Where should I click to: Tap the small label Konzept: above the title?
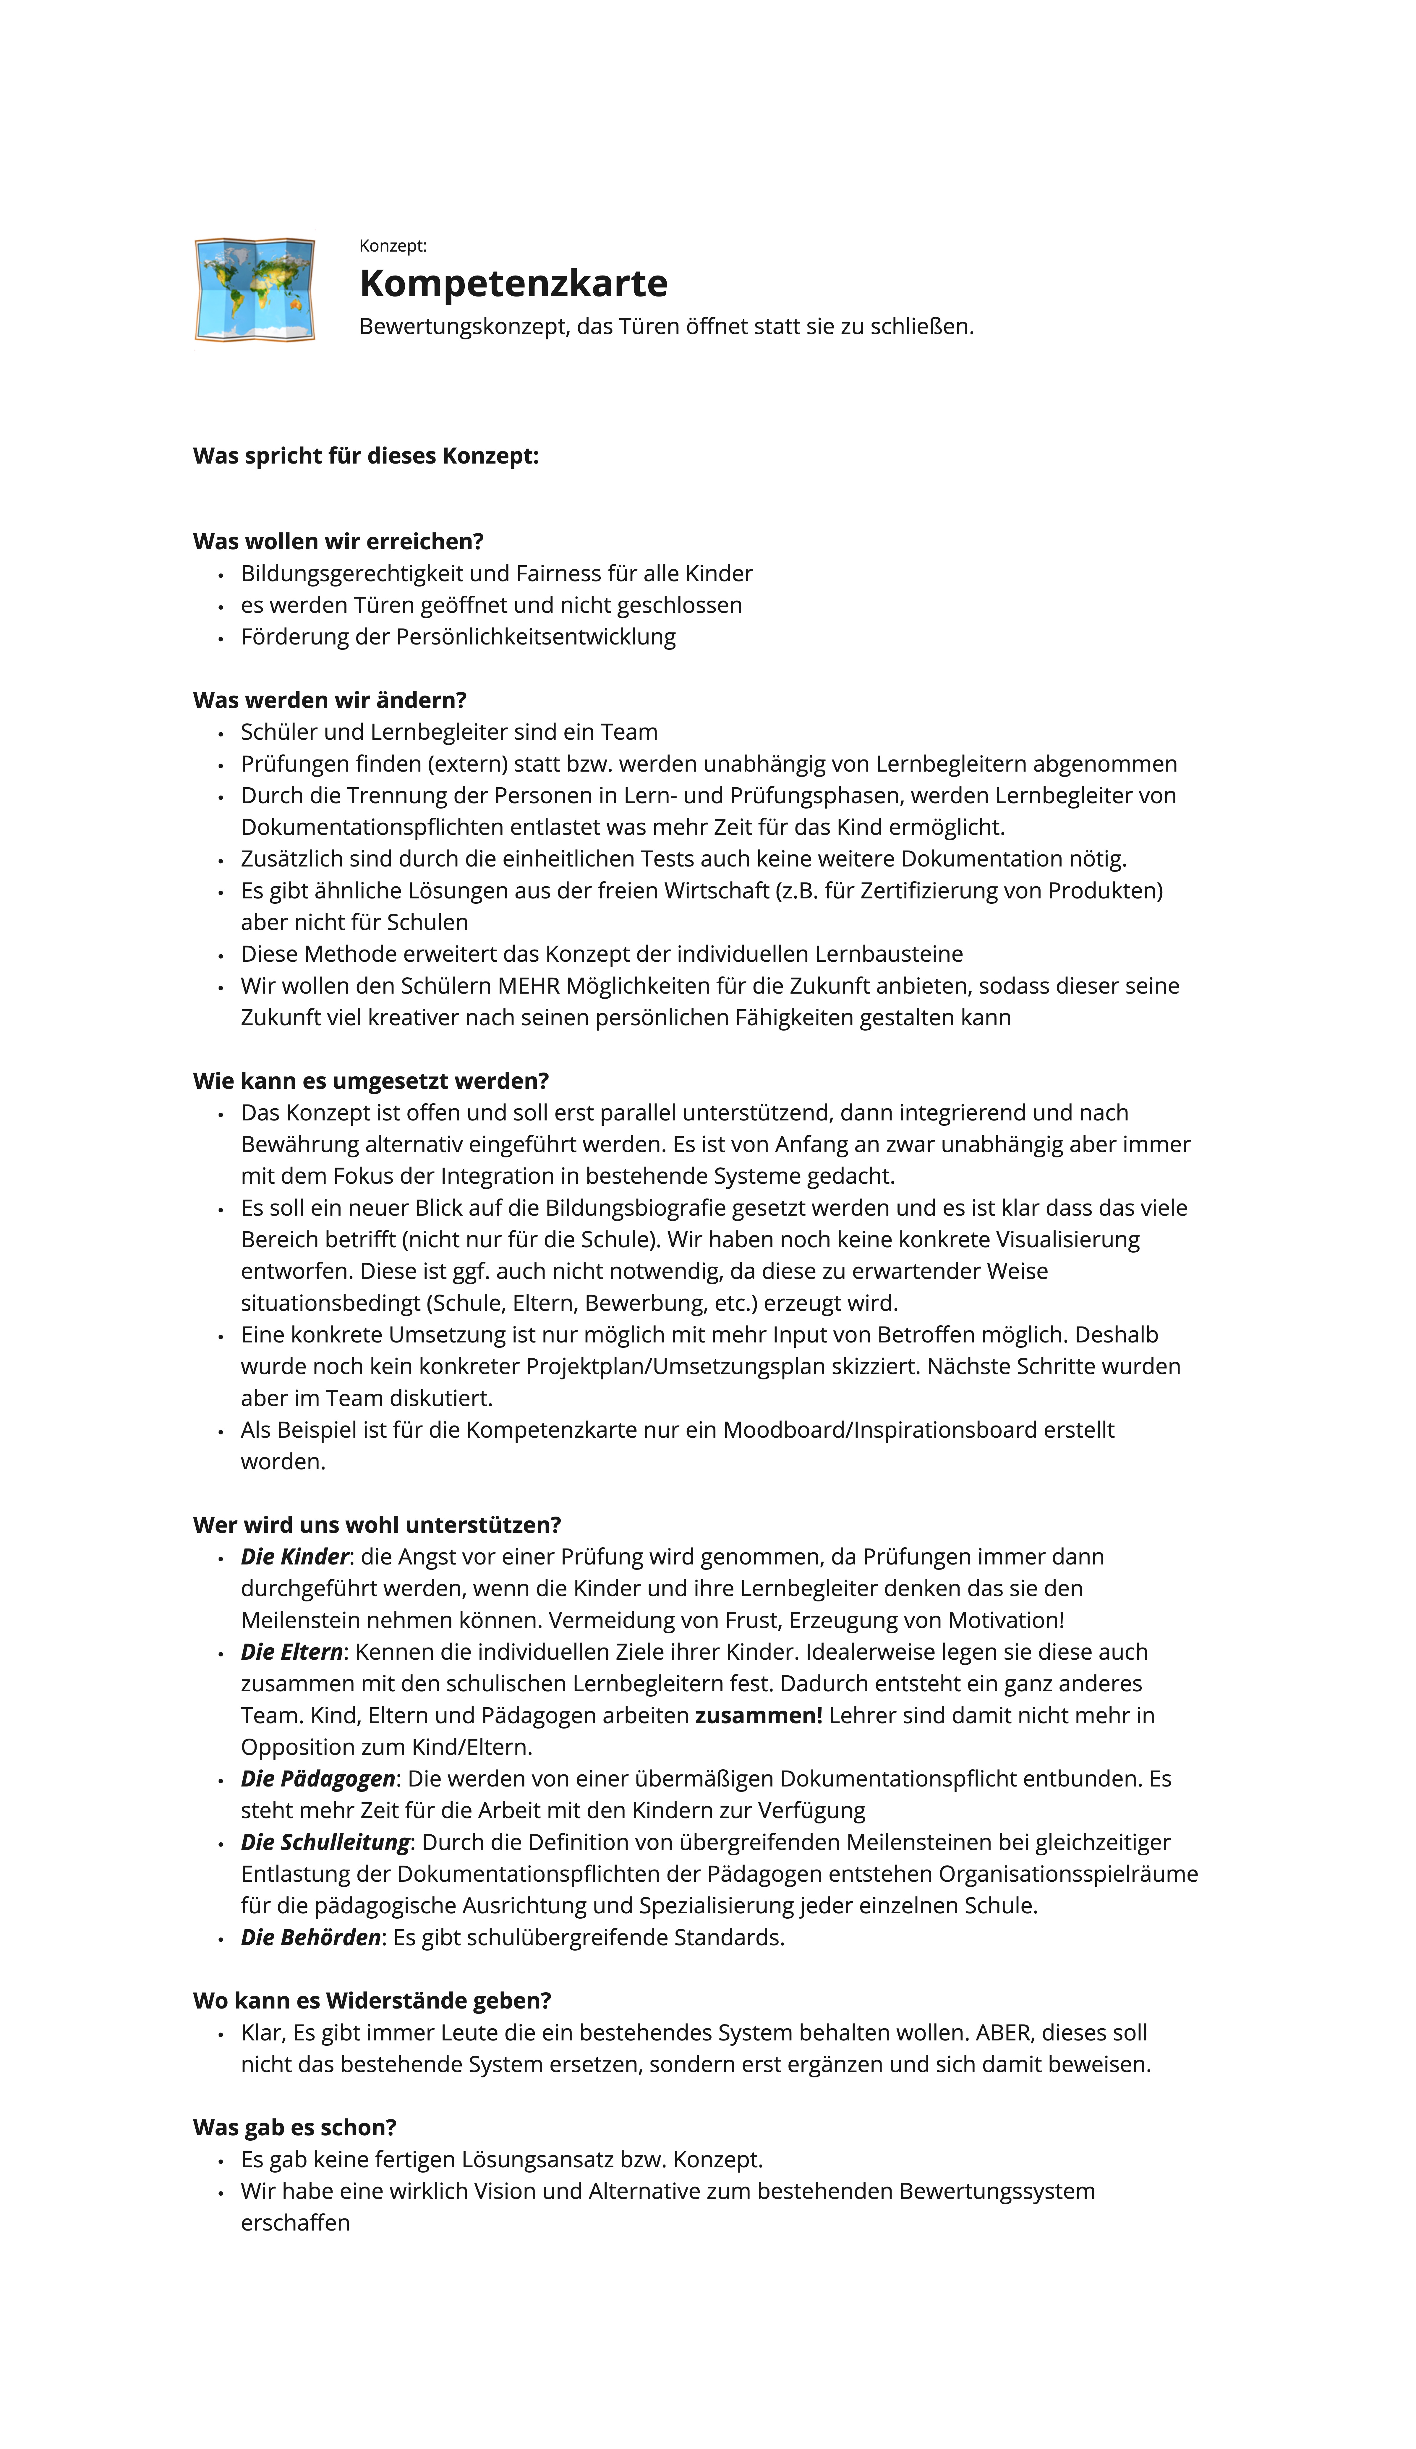click(x=393, y=246)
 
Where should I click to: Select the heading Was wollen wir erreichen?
click(x=338, y=541)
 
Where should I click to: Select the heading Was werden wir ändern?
click(x=329, y=700)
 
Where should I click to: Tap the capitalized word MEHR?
click(x=529, y=985)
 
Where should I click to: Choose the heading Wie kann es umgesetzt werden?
click(x=370, y=1081)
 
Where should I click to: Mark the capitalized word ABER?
click(x=1005, y=2032)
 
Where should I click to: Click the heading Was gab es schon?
click(x=294, y=2127)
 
